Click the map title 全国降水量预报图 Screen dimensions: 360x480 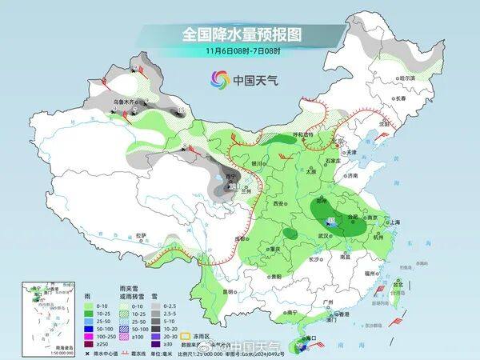(x=240, y=34)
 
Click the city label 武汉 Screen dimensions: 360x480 (x=324, y=235)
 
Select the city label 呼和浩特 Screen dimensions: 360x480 (x=302, y=135)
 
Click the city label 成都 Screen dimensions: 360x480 (x=238, y=238)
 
